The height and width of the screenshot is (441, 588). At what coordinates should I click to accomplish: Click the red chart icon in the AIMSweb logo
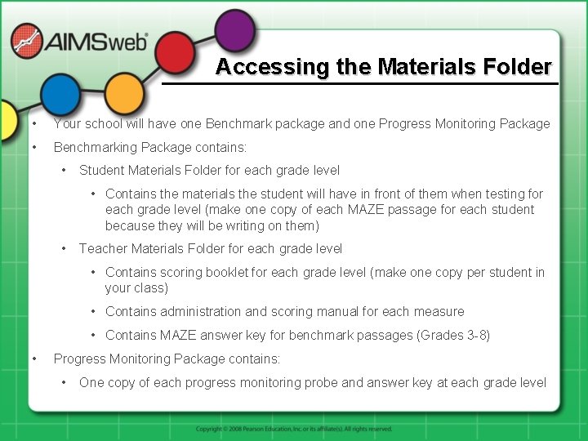(26, 42)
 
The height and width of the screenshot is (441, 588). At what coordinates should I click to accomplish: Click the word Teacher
(104, 248)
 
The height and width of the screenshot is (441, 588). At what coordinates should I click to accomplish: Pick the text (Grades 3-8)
(453, 335)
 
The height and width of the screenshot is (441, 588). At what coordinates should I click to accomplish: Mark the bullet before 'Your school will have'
(33, 124)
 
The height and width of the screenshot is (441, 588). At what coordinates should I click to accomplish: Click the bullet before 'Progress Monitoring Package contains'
(33, 359)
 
